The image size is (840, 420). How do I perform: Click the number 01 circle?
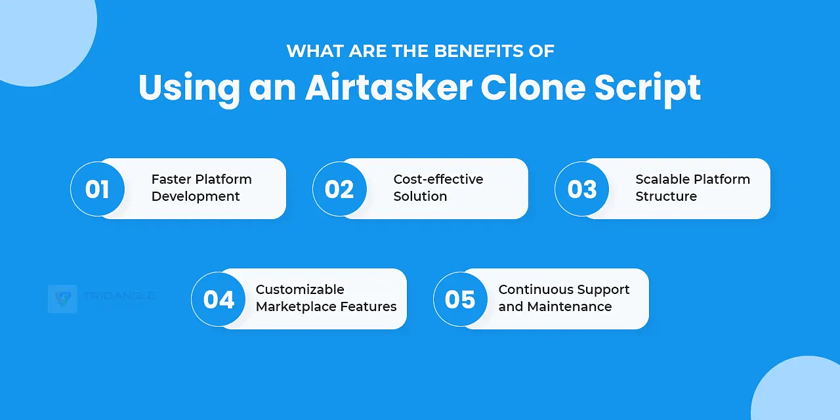coord(97,189)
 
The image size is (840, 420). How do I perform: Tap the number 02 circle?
coord(339,189)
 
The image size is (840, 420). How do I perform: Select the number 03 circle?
coord(581,189)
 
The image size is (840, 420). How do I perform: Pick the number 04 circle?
coord(219,299)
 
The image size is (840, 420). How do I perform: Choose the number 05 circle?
coord(460,299)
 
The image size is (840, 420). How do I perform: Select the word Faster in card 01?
coord(171,179)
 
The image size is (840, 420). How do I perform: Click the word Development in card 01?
coord(196,196)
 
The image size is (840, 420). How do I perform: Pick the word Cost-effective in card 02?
coord(438,179)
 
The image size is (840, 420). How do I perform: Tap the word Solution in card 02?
coord(420,196)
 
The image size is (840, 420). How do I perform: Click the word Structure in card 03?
coord(665,196)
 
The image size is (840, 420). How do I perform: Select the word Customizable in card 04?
coord(300,289)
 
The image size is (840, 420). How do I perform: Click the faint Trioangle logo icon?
coord(62,299)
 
